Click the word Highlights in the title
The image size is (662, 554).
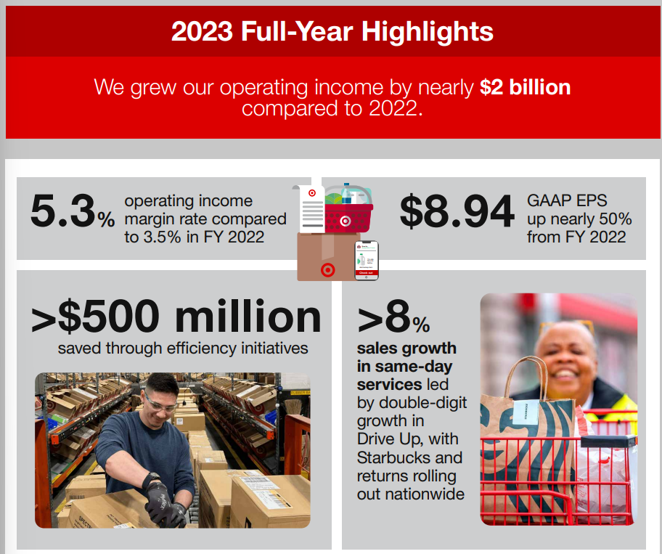[428, 32]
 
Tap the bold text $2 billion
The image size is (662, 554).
[526, 87]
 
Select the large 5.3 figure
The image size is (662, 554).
[63, 211]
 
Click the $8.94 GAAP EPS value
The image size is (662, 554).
[457, 211]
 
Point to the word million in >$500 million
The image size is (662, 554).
[248, 317]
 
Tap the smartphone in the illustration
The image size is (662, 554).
[366, 261]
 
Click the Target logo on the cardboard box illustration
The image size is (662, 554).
[327, 270]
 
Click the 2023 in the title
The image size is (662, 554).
[202, 32]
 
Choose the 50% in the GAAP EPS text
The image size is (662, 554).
[614, 219]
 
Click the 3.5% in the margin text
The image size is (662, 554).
[162, 237]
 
